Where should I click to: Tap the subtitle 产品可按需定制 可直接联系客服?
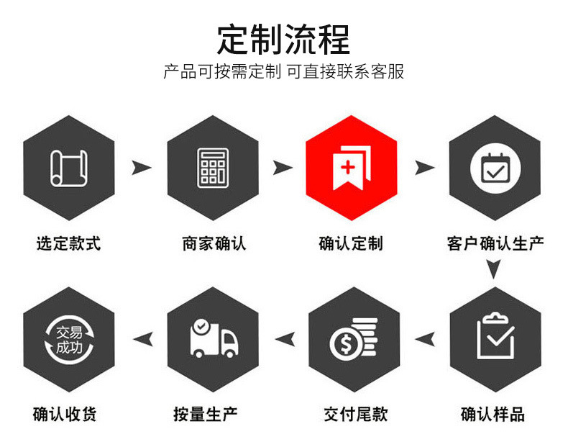click(283, 72)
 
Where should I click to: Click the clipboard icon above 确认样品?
click(495, 336)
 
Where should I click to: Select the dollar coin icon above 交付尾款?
click(353, 338)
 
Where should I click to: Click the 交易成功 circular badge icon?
click(69, 337)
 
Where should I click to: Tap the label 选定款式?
click(69, 243)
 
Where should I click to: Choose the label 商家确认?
click(214, 243)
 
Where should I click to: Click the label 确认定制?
click(351, 243)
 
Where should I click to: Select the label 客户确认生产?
click(495, 243)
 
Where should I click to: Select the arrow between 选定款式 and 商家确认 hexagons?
click(142, 168)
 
